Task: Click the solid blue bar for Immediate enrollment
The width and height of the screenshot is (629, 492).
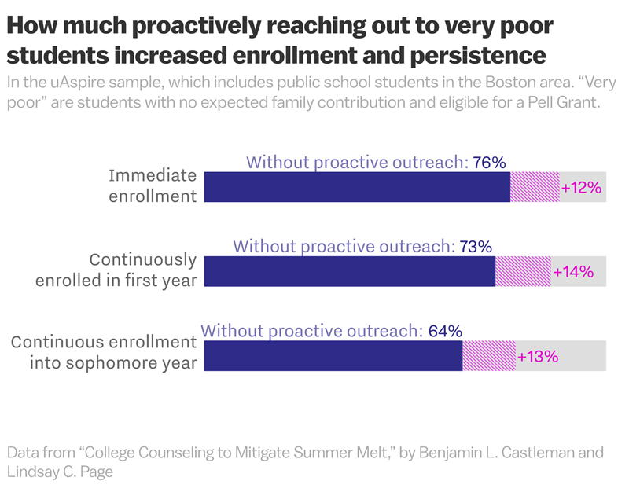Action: (x=357, y=187)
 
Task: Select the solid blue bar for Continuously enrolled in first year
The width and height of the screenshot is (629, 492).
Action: (x=350, y=271)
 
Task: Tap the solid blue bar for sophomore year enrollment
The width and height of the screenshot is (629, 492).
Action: (x=333, y=355)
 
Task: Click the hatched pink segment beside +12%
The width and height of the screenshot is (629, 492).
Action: (x=535, y=187)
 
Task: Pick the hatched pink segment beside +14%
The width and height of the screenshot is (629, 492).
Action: (x=523, y=271)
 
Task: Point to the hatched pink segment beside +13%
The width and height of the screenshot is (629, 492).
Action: (x=489, y=355)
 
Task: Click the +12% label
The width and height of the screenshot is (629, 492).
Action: (x=581, y=188)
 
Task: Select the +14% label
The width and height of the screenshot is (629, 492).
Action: (x=573, y=272)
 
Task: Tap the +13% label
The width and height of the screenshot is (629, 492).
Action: (x=538, y=356)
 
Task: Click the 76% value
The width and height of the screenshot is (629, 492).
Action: (x=489, y=163)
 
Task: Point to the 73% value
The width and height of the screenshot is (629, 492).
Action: (x=476, y=246)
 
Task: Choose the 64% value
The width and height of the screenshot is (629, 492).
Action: (x=445, y=331)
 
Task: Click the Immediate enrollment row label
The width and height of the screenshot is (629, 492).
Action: (x=152, y=185)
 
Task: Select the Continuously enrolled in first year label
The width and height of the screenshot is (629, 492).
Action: (x=116, y=270)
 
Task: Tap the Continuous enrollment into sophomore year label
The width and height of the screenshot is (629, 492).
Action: (x=103, y=353)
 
